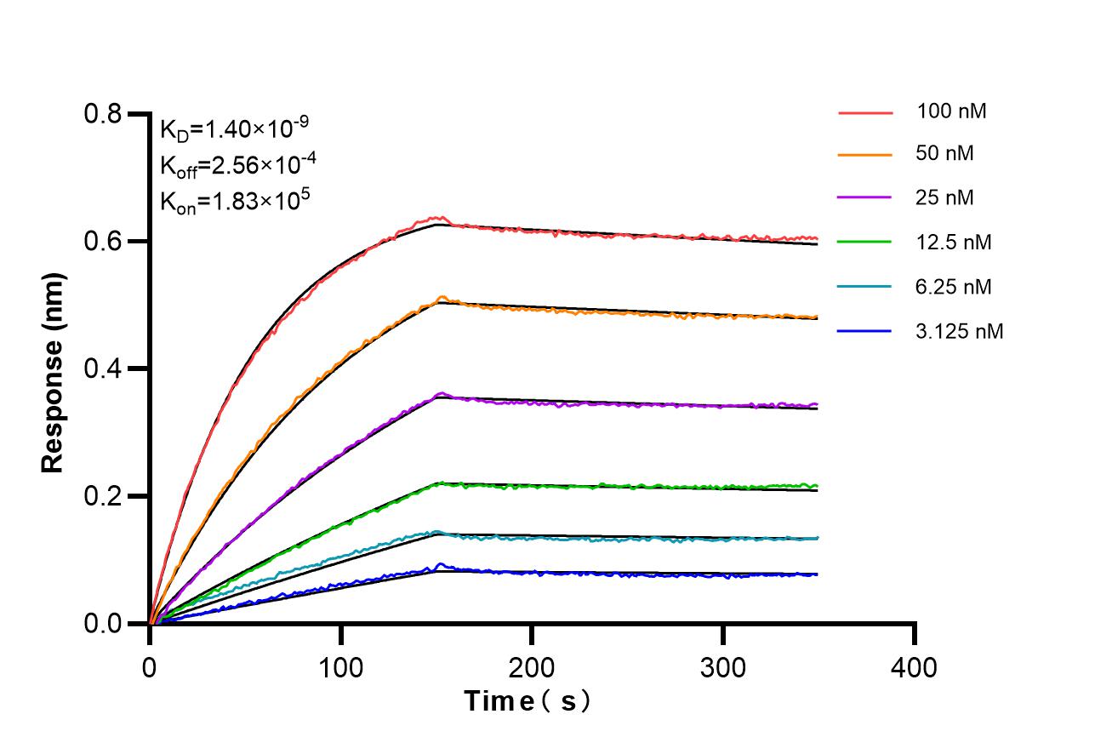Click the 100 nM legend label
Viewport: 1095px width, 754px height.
[951, 111]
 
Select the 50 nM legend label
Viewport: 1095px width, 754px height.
[945, 154]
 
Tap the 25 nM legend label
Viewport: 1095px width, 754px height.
[945, 198]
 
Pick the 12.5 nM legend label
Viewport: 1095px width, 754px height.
[954, 243]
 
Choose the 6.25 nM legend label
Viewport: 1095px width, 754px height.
[954, 287]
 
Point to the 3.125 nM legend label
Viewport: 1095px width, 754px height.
[960, 331]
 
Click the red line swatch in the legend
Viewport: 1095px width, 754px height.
[864, 111]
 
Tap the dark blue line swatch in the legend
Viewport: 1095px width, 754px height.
[864, 331]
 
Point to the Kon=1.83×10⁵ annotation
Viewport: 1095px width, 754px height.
[234, 202]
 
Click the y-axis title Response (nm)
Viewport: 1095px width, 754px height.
[53, 373]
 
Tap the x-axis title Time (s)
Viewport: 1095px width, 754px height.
[528, 701]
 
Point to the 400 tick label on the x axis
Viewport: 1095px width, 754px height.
[914, 667]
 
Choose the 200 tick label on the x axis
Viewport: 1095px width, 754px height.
[532, 667]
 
